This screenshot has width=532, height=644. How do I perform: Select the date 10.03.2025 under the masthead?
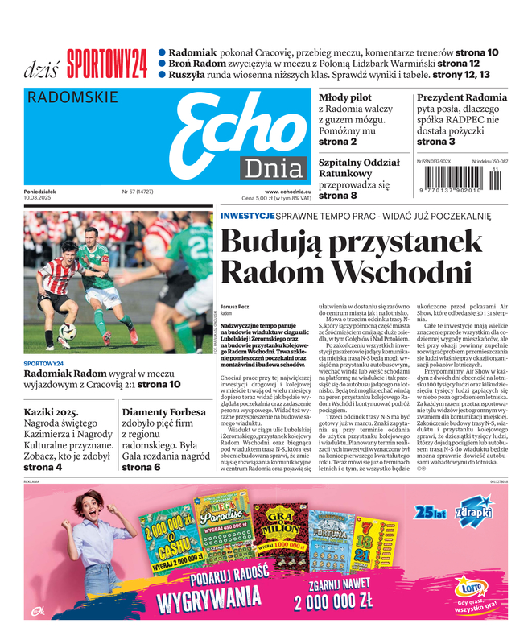click(41, 198)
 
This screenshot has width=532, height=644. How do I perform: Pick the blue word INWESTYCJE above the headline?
click(247, 216)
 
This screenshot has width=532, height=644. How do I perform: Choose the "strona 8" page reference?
click(337, 196)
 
